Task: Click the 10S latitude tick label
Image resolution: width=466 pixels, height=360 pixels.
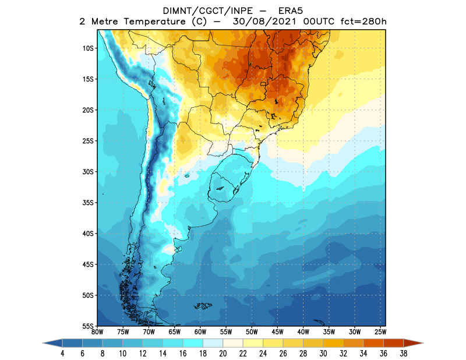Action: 89,48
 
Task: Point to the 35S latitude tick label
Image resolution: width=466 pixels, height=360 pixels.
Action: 89,202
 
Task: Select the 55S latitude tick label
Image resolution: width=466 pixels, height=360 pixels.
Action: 89,326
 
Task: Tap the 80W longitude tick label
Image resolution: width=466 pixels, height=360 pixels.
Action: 97,332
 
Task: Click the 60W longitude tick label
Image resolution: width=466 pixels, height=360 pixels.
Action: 200,332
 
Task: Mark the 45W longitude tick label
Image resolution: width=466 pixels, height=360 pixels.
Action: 277,332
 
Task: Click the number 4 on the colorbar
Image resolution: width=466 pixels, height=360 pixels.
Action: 62,353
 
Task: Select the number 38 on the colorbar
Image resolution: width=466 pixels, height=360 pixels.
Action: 404,353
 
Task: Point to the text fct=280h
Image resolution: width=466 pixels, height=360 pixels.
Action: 362,22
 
